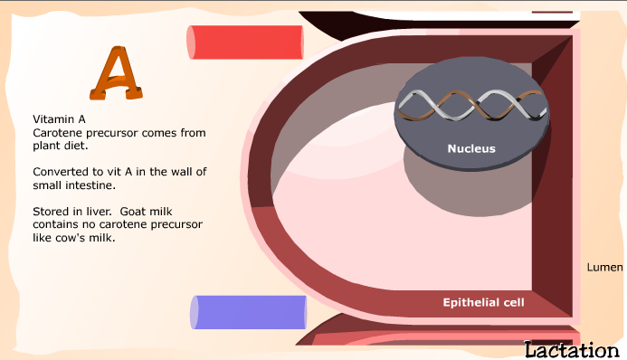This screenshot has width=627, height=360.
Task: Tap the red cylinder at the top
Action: [244, 42]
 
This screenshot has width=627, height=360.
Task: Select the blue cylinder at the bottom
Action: [248, 312]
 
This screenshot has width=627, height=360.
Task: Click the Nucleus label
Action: [471, 148]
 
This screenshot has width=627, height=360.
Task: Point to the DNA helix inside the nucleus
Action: [471, 107]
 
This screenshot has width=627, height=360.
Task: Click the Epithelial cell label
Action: [483, 302]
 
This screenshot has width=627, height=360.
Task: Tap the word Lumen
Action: [604, 267]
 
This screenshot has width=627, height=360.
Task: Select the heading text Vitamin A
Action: [59, 119]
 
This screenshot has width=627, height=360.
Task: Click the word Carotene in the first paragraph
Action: [57, 132]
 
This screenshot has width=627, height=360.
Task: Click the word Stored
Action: [51, 211]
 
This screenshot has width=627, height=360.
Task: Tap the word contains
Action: [57, 223]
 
